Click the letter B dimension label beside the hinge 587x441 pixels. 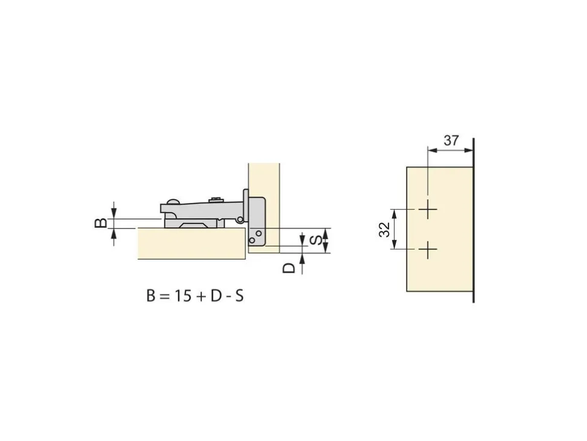pos(101,224)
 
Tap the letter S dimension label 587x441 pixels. pos(315,240)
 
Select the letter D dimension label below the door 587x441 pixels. pos(289,268)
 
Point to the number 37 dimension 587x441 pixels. pos(451,141)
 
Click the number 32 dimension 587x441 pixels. pos(384,230)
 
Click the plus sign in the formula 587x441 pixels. pos(201,297)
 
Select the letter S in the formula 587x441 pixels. pos(239,296)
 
